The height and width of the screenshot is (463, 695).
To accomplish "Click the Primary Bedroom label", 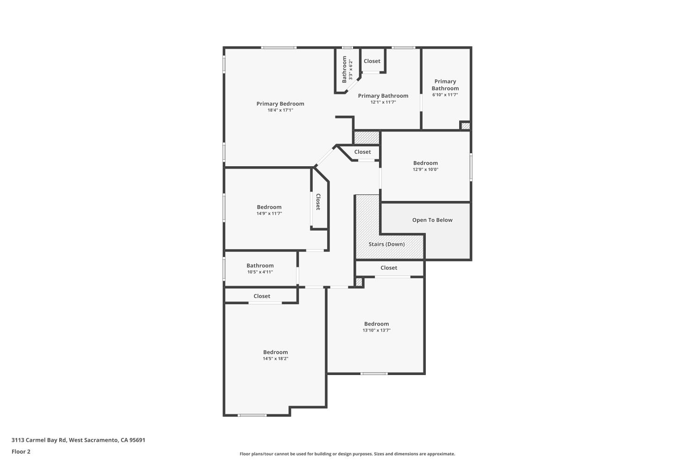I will coord(280,104).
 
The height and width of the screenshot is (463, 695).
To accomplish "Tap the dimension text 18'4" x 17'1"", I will coord(280,110).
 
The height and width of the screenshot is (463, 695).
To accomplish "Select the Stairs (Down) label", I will coord(386,244).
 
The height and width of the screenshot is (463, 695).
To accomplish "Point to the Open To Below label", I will coord(432,220).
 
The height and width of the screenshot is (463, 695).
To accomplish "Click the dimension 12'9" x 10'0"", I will coord(425,169).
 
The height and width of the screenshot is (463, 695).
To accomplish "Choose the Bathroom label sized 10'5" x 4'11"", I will coord(260,265).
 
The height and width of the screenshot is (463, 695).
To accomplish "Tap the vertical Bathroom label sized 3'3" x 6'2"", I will coord(344,69).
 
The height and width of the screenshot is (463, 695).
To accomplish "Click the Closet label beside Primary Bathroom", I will coord(372,61).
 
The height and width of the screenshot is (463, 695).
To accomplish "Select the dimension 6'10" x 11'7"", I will coord(445,95).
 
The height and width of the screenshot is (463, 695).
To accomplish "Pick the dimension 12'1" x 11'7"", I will coord(383,102).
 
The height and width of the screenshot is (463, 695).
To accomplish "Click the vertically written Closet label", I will coord(318,202).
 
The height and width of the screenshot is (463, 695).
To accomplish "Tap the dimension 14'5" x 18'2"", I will coord(275,359).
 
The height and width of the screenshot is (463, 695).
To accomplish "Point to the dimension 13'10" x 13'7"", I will coord(376,331).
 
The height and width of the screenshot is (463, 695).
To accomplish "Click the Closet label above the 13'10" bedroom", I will coord(389,268).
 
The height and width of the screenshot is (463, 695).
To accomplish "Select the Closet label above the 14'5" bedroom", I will coord(262,296).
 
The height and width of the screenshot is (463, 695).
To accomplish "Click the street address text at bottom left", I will coord(78,440).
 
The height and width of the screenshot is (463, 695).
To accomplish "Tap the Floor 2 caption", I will coord(21,451).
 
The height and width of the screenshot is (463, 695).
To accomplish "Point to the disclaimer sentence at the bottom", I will coord(347,454).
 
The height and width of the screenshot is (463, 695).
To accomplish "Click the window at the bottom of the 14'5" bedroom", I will coord(252,415).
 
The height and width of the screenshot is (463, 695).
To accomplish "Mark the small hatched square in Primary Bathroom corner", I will coord(465,125).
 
